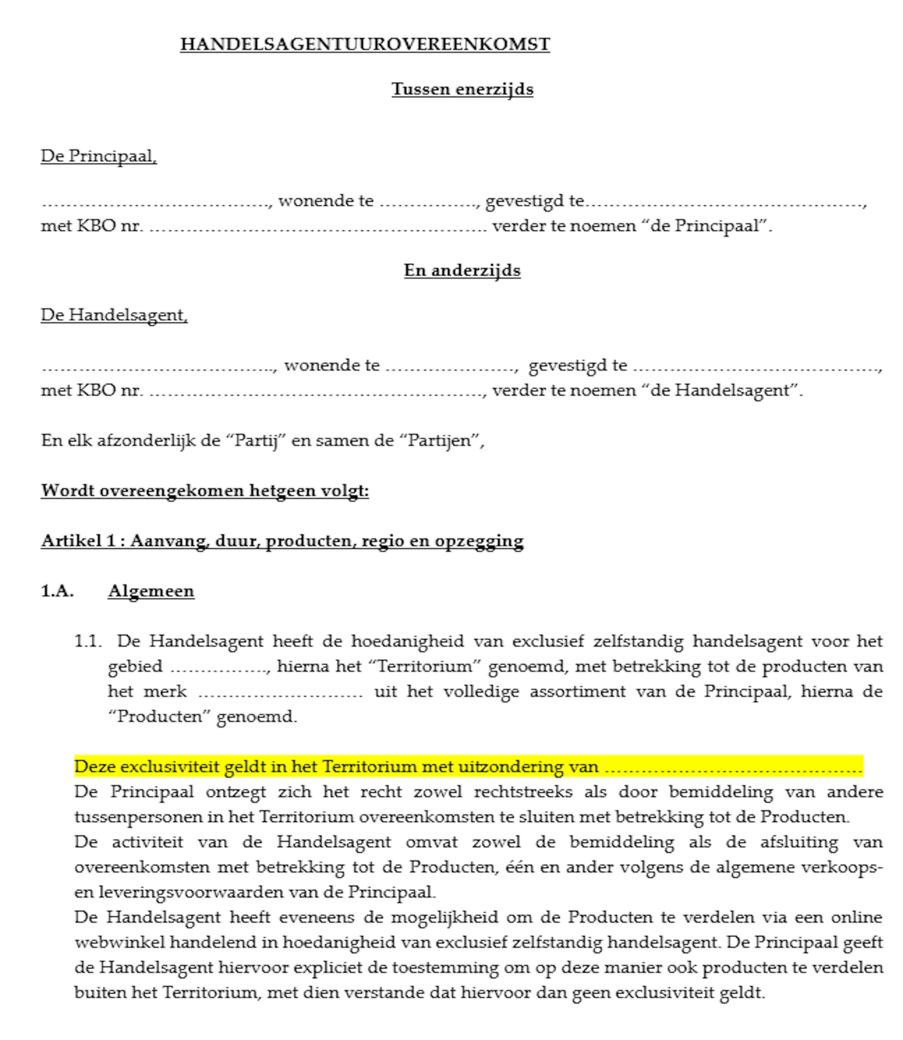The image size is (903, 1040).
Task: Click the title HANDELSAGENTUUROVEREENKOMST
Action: pos(365,44)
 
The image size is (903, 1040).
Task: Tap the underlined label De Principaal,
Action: pos(99,156)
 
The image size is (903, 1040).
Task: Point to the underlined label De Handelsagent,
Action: pos(114,315)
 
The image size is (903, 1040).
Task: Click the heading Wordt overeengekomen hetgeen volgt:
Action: pos(205,491)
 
